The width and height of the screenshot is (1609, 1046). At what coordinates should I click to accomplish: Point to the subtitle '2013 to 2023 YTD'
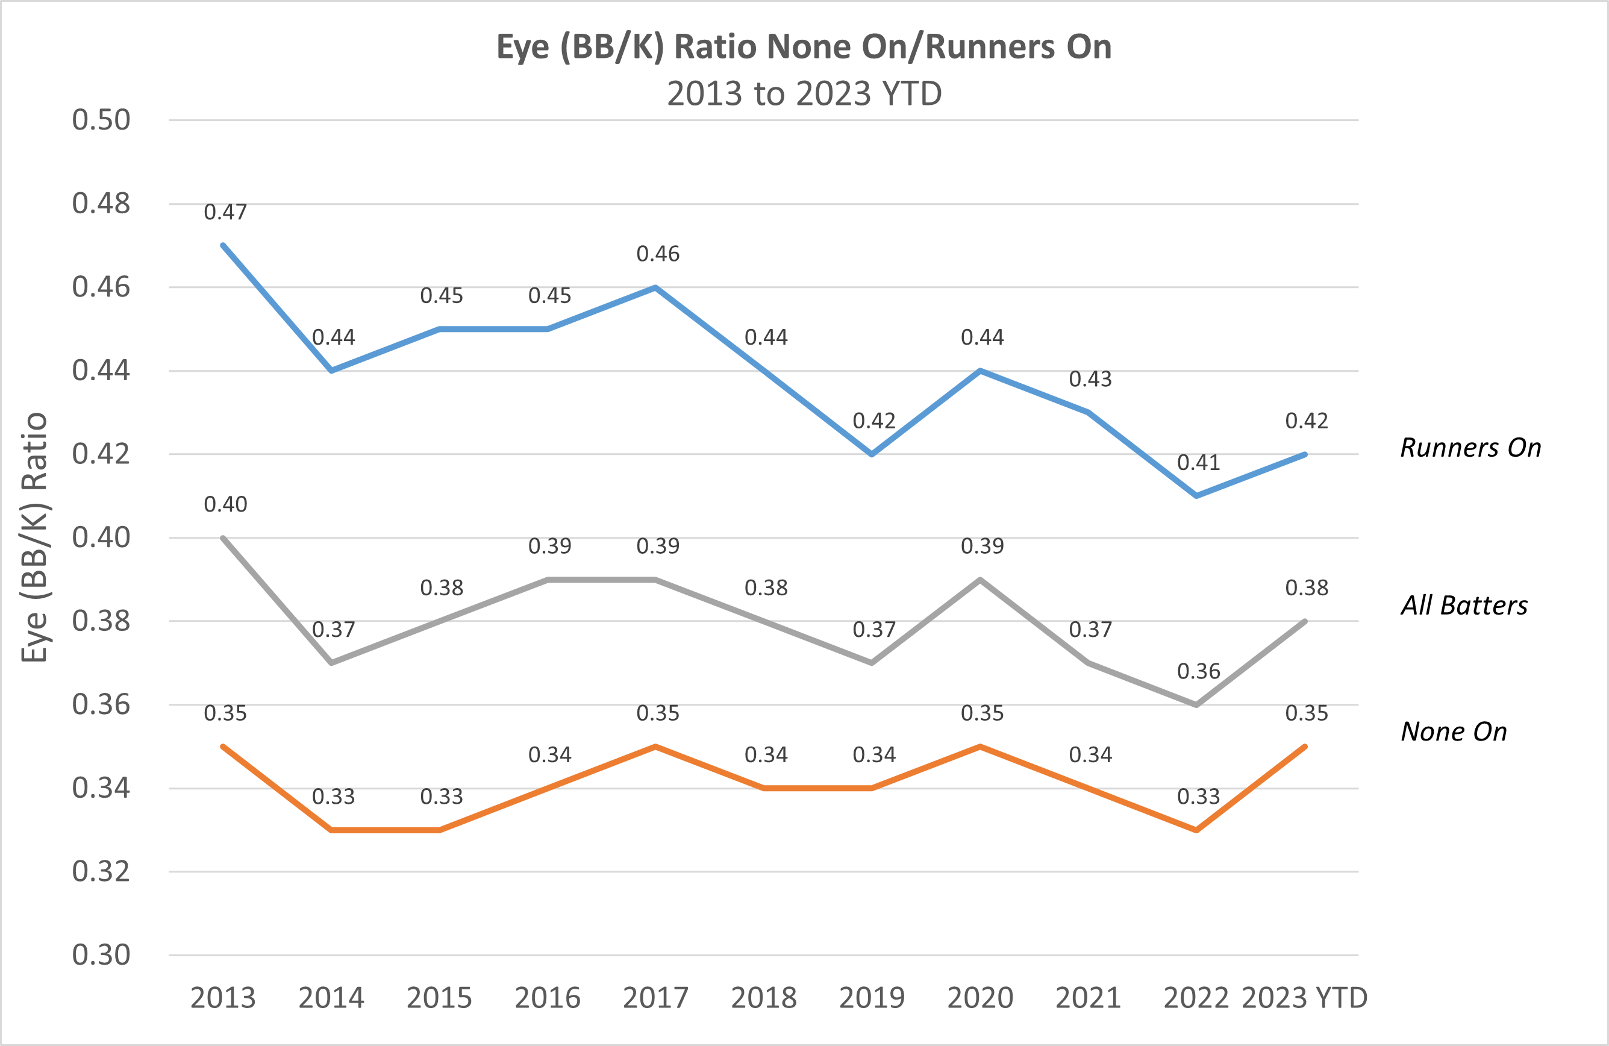[x=804, y=93]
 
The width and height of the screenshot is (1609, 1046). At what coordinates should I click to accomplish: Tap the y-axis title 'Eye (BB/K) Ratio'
[x=34, y=537]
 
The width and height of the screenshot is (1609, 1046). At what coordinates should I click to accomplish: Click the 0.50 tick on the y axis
[x=101, y=121]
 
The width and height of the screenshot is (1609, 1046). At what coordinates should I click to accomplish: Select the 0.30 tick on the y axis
[x=101, y=955]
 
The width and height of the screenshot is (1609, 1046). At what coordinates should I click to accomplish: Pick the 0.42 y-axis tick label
[x=101, y=454]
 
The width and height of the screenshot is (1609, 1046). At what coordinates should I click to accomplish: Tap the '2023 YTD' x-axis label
[x=1304, y=998]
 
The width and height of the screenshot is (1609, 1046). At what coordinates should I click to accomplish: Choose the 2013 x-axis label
[x=222, y=998]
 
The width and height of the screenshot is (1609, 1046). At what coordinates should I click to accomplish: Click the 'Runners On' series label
[x=1470, y=448]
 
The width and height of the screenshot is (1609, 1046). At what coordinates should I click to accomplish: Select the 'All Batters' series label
[x=1464, y=605]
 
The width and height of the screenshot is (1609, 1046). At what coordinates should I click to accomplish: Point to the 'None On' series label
[x=1454, y=731]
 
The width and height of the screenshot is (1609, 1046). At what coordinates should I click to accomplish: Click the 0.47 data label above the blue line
[x=225, y=212]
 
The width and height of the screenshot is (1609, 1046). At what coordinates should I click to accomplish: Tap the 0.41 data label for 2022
[x=1199, y=463]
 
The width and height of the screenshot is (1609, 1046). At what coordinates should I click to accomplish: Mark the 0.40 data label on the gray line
[x=225, y=504]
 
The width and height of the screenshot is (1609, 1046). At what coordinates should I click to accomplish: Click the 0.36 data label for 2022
[x=1199, y=671]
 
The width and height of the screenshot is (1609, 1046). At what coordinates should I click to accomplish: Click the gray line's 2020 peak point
[x=979, y=580]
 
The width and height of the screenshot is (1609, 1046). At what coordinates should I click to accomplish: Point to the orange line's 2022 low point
[x=1196, y=830]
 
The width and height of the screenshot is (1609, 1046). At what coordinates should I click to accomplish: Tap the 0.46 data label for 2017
[x=658, y=254]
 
